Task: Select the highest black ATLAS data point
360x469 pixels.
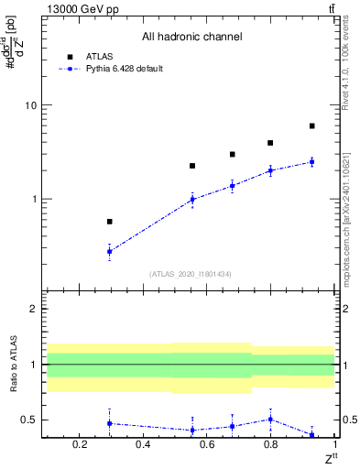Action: pyautogui.click(x=312, y=125)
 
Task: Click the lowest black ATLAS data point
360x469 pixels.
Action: pyautogui.click(x=110, y=222)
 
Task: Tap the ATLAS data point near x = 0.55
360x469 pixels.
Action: pyautogui.click(x=192, y=166)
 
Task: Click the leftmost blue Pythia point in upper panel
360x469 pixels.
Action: pyautogui.click(x=110, y=251)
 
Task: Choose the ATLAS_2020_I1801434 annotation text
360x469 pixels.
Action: pyautogui.click(x=191, y=274)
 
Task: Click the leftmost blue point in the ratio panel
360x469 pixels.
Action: pyautogui.click(x=110, y=423)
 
